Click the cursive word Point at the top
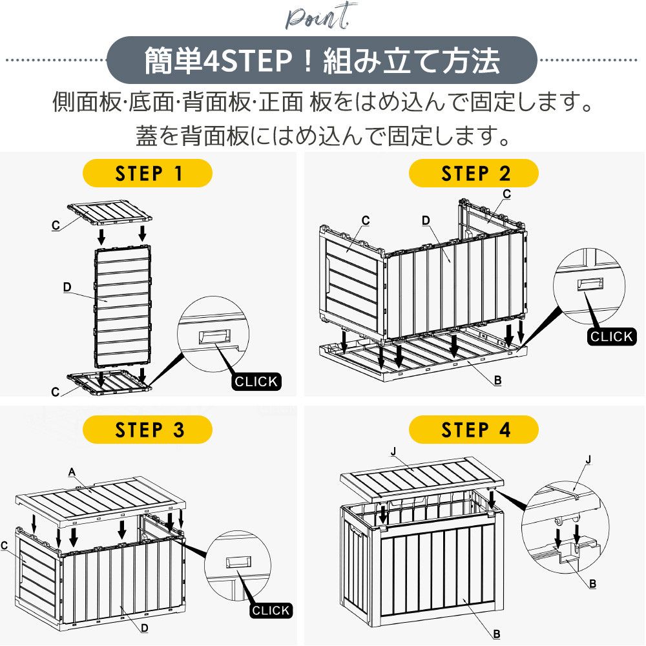[x=320, y=17]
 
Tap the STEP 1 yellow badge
[x=148, y=173]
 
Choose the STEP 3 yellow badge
[x=148, y=430]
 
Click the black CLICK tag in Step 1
[x=256, y=381]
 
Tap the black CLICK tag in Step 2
[x=611, y=336]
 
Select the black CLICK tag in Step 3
[x=271, y=610]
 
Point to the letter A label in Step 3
[x=72, y=472]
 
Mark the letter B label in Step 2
[x=497, y=380]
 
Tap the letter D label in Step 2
[x=426, y=220]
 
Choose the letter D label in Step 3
[x=145, y=627]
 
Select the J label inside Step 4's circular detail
[x=587, y=460]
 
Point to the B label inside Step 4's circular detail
[x=592, y=583]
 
